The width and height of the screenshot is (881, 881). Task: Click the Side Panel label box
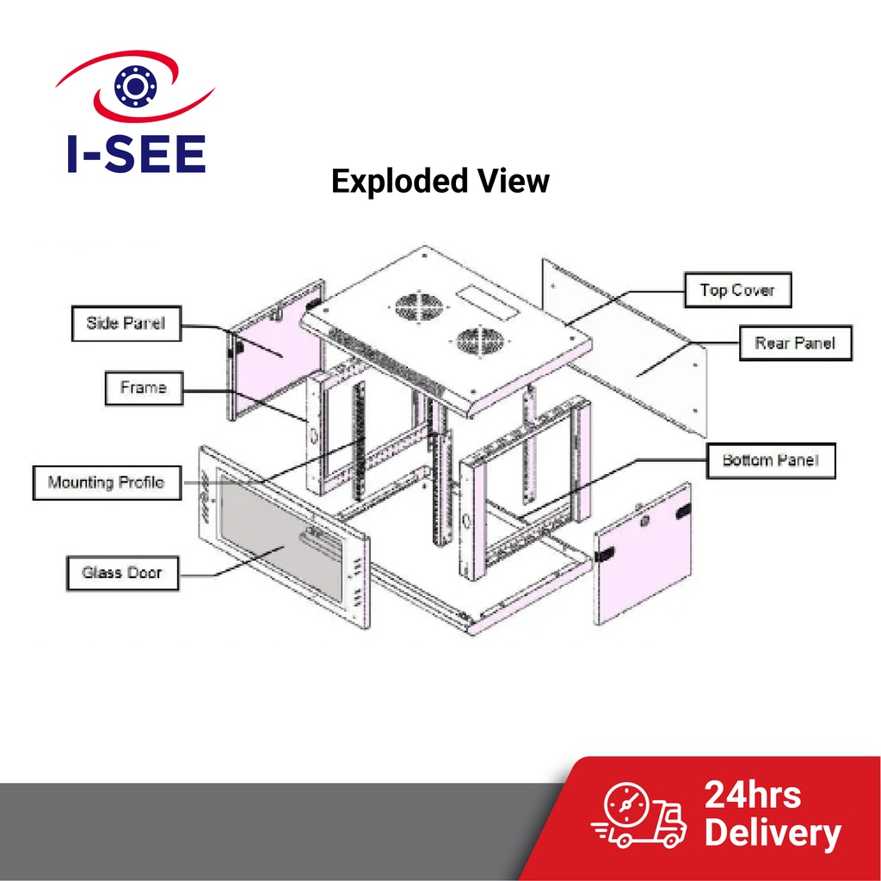[126, 324]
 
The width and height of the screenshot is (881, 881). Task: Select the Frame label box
[143, 388]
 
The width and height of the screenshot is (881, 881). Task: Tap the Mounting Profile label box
[106, 483]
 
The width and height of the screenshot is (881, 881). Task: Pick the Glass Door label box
[122, 572]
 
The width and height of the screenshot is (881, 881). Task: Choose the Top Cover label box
[737, 290]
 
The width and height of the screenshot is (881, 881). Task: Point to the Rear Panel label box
[795, 343]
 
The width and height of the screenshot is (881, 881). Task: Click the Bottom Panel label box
[770, 460]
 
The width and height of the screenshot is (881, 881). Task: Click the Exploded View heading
[440, 182]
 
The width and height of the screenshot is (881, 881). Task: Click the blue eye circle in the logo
[133, 86]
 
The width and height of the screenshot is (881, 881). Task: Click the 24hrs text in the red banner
[752, 794]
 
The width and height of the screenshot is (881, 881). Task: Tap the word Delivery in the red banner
[772, 834]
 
